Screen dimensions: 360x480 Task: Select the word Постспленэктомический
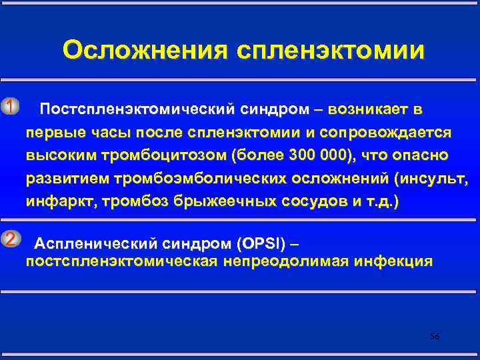(127, 109)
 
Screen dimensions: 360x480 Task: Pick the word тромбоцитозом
(165, 155)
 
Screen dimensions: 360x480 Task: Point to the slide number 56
(435, 337)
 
